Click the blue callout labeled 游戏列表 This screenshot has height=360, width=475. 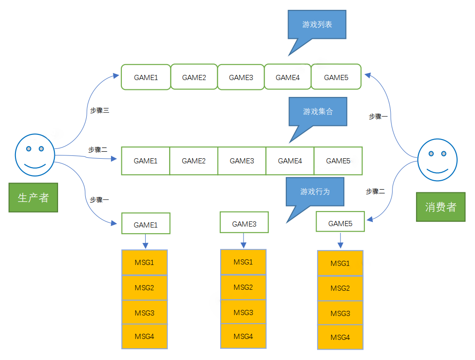317,24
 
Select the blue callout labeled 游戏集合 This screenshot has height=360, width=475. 318,111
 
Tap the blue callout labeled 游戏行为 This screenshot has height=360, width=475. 315,191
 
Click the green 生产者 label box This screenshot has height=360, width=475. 33,198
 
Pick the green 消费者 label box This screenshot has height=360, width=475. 441,207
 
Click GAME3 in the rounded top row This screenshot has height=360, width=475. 241,77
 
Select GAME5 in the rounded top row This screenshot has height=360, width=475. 336,77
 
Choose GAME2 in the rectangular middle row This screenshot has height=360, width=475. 193,161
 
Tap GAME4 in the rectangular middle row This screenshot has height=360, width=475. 289,161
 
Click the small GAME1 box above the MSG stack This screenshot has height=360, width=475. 145,225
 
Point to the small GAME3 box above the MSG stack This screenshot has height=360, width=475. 244,224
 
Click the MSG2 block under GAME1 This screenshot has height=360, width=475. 144,288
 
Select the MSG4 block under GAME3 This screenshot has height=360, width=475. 243,336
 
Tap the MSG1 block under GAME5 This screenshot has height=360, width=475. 340,264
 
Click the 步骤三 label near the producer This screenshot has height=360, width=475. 99,110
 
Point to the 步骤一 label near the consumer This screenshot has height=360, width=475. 378,117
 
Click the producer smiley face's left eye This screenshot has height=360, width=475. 29,149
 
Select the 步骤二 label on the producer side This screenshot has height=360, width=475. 98,150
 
